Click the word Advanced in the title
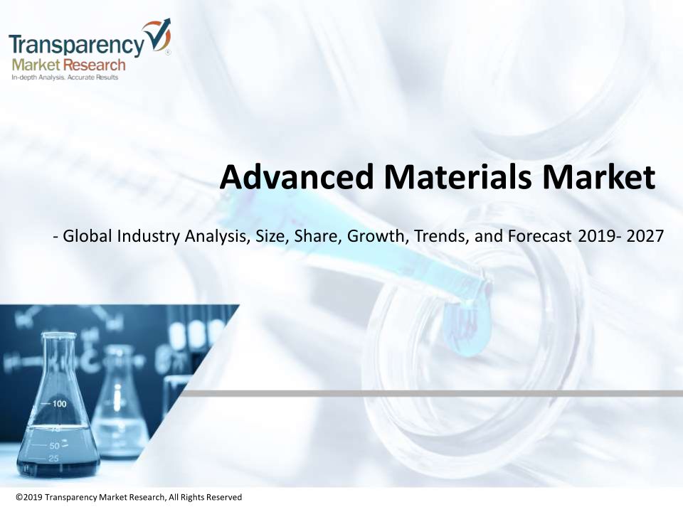point(297,177)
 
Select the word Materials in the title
point(457,177)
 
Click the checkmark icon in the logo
point(158,36)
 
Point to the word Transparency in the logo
point(76,44)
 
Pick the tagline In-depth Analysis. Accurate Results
point(65,78)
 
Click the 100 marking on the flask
point(60,404)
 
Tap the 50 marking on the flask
point(55,446)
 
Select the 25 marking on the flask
point(53,459)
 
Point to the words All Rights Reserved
point(205,497)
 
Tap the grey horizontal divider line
point(430,393)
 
